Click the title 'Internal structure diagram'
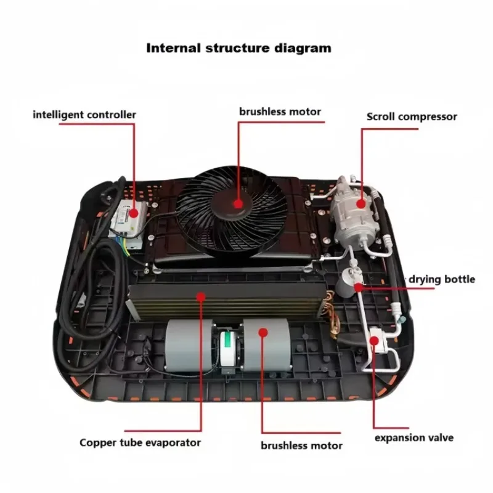point(238,48)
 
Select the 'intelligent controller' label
point(84,115)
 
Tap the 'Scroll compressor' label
point(412,116)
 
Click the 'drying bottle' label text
point(441,279)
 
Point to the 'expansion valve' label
point(414,438)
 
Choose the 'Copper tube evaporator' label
point(140,442)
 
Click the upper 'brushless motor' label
point(280,112)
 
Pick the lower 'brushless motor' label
point(301,445)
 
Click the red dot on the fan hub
point(238,202)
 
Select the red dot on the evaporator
point(200,297)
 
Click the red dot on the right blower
point(262,332)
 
